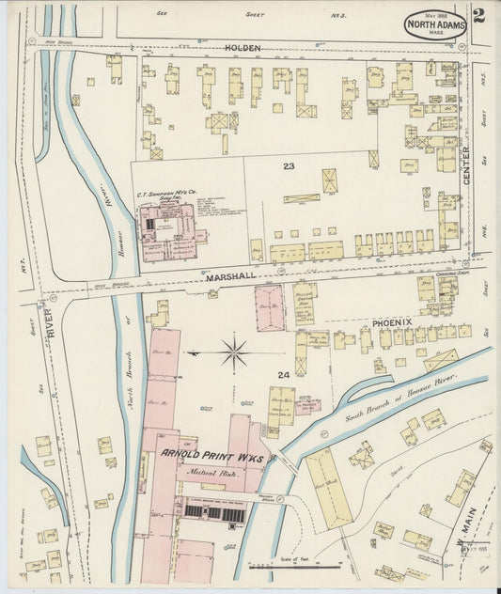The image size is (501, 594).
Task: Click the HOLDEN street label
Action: pos(243,47)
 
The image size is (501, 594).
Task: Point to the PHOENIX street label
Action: pos(392,321)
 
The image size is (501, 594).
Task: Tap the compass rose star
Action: pos(234,353)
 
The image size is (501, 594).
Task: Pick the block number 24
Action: pos(284,375)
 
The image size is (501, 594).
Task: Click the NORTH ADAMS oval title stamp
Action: pos(435,25)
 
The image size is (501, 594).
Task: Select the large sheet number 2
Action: pos(478,15)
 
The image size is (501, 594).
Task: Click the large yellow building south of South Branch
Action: pos(328,487)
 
